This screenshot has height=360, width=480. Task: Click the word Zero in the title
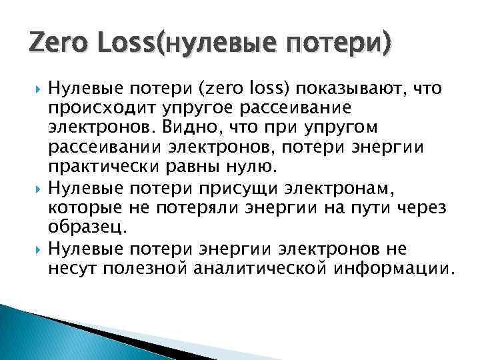[x=54, y=43]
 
